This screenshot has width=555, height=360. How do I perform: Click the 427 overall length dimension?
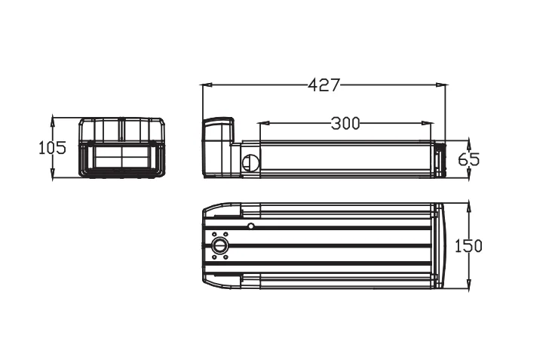click(x=323, y=85)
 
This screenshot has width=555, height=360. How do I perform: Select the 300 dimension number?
click(x=345, y=124)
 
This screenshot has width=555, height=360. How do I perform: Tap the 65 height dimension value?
click(x=468, y=159)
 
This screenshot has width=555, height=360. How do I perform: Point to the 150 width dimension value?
click(x=468, y=246)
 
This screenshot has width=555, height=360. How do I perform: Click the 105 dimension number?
click(x=52, y=148)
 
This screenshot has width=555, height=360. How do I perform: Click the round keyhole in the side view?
click(x=250, y=162)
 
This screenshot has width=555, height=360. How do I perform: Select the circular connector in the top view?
click(x=220, y=246)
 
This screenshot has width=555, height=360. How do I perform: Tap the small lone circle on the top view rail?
click(x=251, y=225)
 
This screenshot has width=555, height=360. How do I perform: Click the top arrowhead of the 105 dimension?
click(x=52, y=119)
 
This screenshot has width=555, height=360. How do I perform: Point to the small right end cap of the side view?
click(x=439, y=159)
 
